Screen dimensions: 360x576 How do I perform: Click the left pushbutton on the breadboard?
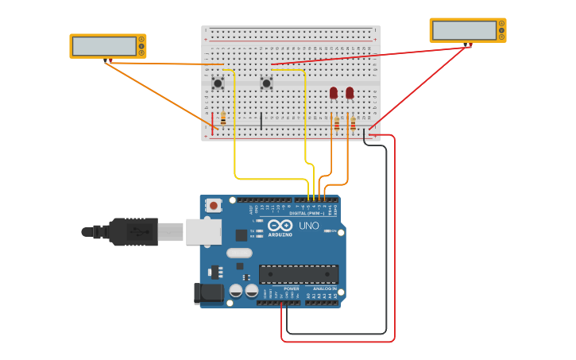pyautogui.click(x=218, y=83)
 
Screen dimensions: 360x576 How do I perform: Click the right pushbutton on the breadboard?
pyautogui.click(x=266, y=83)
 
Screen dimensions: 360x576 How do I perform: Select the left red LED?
pyautogui.click(x=334, y=93)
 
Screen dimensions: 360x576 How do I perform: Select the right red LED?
pyautogui.click(x=350, y=93)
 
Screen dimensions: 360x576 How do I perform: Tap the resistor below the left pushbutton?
pyautogui.click(x=223, y=118)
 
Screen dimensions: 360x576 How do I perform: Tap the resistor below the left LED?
pyautogui.click(x=337, y=122)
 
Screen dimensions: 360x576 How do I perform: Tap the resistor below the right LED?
pyautogui.click(x=353, y=122)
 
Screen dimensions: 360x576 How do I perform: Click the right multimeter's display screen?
pyautogui.click(x=465, y=30)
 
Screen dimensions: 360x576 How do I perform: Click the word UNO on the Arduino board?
pyautogui.click(x=308, y=226)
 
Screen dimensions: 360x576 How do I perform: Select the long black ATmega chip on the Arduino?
pyautogui.click(x=299, y=274)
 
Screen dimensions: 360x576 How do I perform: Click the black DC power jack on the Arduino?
pyautogui.click(x=209, y=292)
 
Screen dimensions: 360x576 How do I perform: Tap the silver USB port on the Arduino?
pyautogui.click(x=203, y=231)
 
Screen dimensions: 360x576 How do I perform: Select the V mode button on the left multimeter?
pyautogui.click(x=141, y=46)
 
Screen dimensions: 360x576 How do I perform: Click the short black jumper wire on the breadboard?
pyautogui.click(x=261, y=121)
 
